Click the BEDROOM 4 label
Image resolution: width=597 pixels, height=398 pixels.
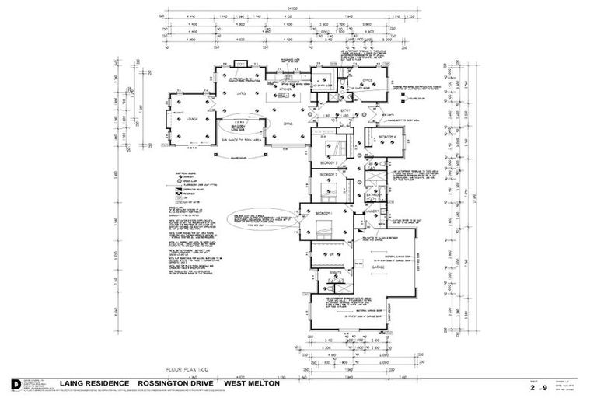[387, 138]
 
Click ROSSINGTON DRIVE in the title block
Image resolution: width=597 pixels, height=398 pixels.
[177, 383]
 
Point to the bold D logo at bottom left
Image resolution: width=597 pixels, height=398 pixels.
[16, 384]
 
